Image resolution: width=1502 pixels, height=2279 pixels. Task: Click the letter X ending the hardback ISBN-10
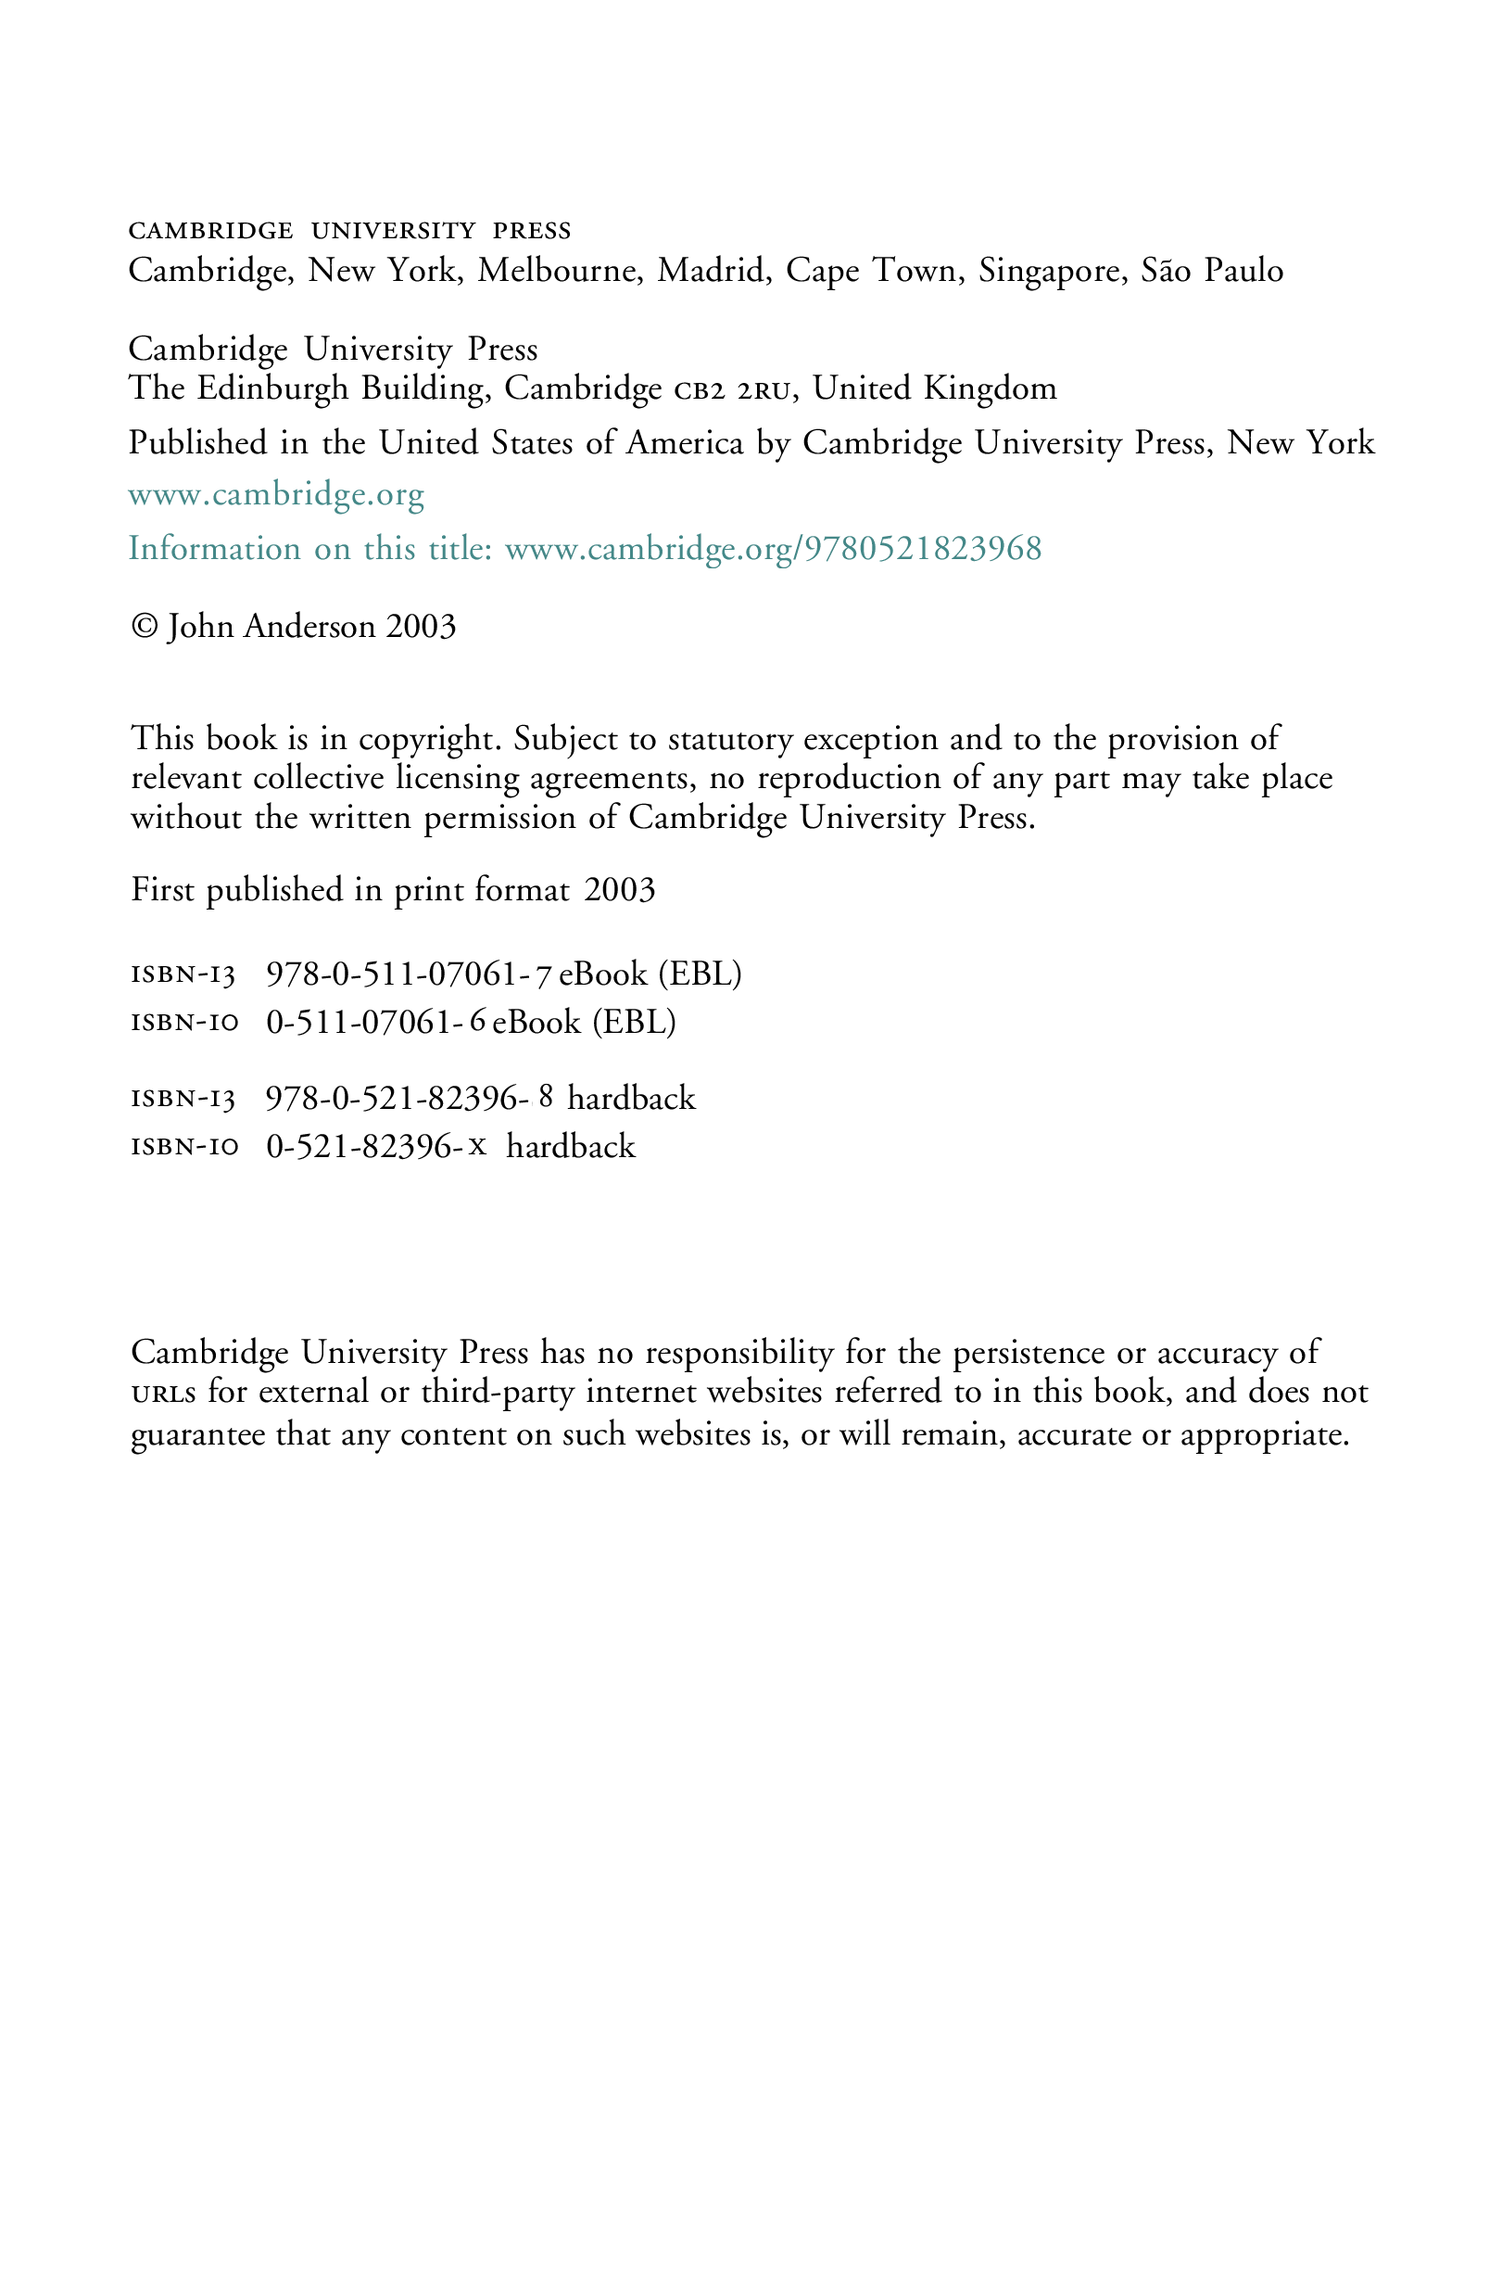477,1145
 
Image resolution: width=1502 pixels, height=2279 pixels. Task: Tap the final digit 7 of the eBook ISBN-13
543,974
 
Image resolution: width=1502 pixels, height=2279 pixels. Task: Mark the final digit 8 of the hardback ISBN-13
546,1095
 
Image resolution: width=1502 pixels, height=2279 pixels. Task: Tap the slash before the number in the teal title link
798,549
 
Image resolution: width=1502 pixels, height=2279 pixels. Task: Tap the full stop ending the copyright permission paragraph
1032,826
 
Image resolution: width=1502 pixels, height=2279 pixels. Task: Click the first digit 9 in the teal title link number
814,548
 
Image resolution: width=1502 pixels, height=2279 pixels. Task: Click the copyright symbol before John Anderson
145,626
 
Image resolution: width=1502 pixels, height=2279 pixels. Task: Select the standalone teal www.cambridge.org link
276,495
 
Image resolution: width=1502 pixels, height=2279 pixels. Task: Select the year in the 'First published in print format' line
620,890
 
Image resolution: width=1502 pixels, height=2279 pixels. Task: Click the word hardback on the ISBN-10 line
571,1146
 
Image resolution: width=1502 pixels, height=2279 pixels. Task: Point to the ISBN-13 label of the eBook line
183,975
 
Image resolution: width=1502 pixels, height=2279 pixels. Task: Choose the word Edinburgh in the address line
273,388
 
